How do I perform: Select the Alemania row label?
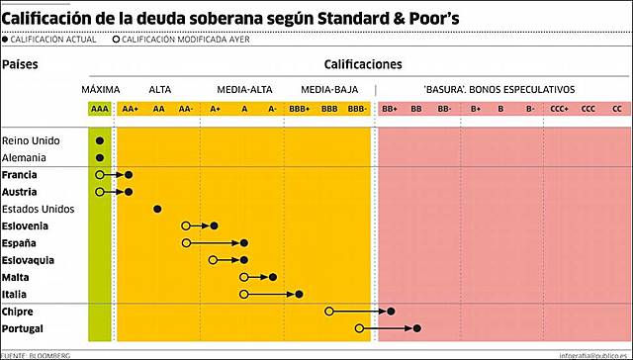pyautogui.click(x=24, y=157)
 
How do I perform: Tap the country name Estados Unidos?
pyautogui.click(x=39, y=209)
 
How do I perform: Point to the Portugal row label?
pyautogui.click(x=25, y=328)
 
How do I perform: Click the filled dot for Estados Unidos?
pyautogui.click(x=157, y=209)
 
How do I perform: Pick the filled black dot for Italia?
pyautogui.click(x=300, y=294)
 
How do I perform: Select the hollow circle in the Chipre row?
pyautogui.click(x=329, y=312)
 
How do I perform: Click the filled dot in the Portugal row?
pyautogui.click(x=418, y=328)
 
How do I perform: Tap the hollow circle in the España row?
pyautogui.click(x=186, y=242)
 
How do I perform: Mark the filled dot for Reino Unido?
pyautogui.click(x=100, y=140)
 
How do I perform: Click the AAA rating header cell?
pyautogui.click(x=100, y=108)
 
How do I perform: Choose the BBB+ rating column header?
pyautogui.click(x=300, y=108)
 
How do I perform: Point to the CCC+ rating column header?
pyautogui.click(x=561, y=108)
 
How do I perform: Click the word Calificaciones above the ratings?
pyautogui.click(x=363, y=64)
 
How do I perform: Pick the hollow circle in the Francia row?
pyautogui.click(x=100, y=175)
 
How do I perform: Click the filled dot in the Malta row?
pyautogui.click(x=272, y=277)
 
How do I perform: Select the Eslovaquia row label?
pyautogui.click(x=28, y=260)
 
